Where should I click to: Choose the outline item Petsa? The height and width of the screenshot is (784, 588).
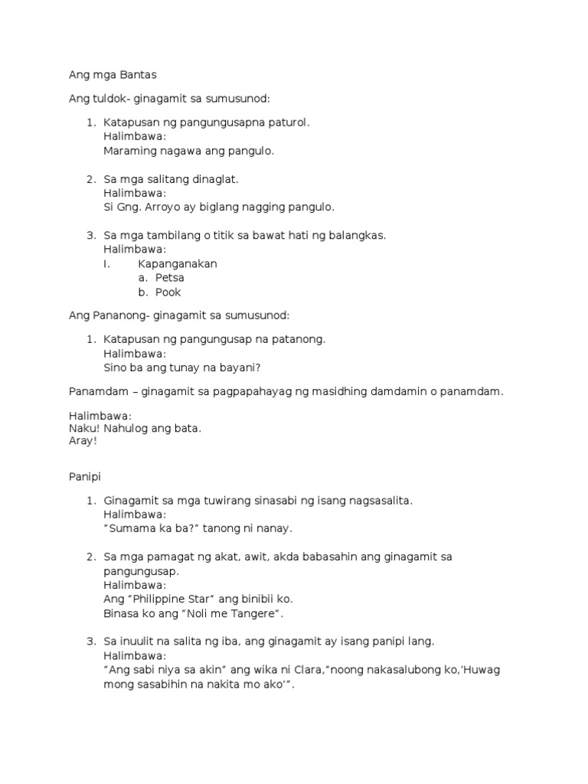tap(169, 278)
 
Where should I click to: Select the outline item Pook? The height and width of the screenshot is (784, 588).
tap(168, 292)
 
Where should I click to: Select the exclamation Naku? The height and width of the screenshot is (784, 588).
tap(83, 429)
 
